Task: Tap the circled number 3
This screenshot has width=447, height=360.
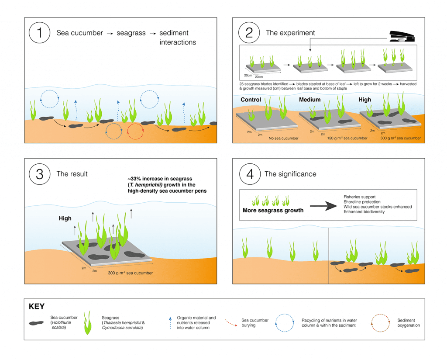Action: (40, 174)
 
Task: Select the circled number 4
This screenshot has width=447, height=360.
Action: (249, 174)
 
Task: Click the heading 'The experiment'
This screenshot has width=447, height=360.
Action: (290, 33)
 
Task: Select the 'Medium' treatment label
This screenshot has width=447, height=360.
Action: (309, 100)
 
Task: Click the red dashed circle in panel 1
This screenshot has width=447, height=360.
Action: (135, 130)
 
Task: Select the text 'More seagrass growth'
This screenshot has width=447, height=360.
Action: (273, 210)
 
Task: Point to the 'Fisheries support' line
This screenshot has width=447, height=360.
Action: (359, 197)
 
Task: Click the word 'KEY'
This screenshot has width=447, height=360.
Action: (37, 306)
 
